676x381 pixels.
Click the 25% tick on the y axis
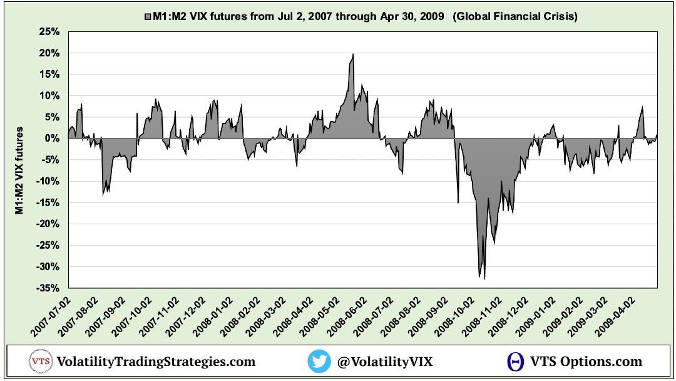coord(49,32)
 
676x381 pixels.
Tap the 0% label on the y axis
coord(53,138)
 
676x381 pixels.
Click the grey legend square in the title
coord(148,17)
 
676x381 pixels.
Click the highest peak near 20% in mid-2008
coord(353,55)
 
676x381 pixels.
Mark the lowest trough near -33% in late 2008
coord(484,278)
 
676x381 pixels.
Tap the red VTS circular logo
coord(40,362)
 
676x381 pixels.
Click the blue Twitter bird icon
coord(319,362)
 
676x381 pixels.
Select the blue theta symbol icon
coord(516,362)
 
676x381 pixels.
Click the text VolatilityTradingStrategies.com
coord(156,362)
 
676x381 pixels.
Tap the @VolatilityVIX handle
coord(384,362)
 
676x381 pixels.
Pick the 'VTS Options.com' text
coord(586,362)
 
